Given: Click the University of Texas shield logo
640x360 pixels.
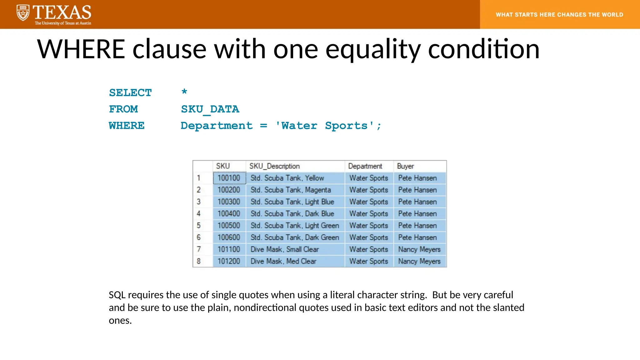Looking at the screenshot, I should (x=23, y=13).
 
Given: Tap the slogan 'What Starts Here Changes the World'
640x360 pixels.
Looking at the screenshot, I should (x=559, y=15).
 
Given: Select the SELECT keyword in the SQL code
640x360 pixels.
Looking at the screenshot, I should (x=130, y=93).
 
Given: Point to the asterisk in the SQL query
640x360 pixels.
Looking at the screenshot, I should (x=184, y=92).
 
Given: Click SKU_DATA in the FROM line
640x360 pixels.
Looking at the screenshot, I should (x=210, y=109).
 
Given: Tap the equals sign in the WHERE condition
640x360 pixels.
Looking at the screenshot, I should (x=264, y=126).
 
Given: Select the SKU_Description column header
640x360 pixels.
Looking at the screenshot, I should (x=274, y=166).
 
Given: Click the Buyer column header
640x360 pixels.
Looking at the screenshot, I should (x=405, y=166).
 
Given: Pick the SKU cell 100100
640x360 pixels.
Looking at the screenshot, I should (x=229, y=178).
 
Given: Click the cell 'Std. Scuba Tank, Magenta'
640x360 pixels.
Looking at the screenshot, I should (x=291, y=190).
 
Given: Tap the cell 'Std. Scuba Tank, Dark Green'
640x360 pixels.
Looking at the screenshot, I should (x=295, y=237).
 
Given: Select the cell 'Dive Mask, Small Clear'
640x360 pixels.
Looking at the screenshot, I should (x=285, y=249).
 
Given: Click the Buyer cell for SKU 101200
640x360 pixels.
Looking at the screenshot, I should (x=419, y=261).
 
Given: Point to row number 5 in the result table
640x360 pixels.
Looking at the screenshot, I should (x=199, y=226).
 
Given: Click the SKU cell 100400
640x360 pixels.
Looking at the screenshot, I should (x=229, y=214).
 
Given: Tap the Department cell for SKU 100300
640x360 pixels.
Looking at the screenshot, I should (x=368, y=202).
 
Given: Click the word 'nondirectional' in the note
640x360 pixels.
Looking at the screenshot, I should (x=265, y=308).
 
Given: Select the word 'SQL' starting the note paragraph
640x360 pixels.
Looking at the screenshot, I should (x=117, y=295).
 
